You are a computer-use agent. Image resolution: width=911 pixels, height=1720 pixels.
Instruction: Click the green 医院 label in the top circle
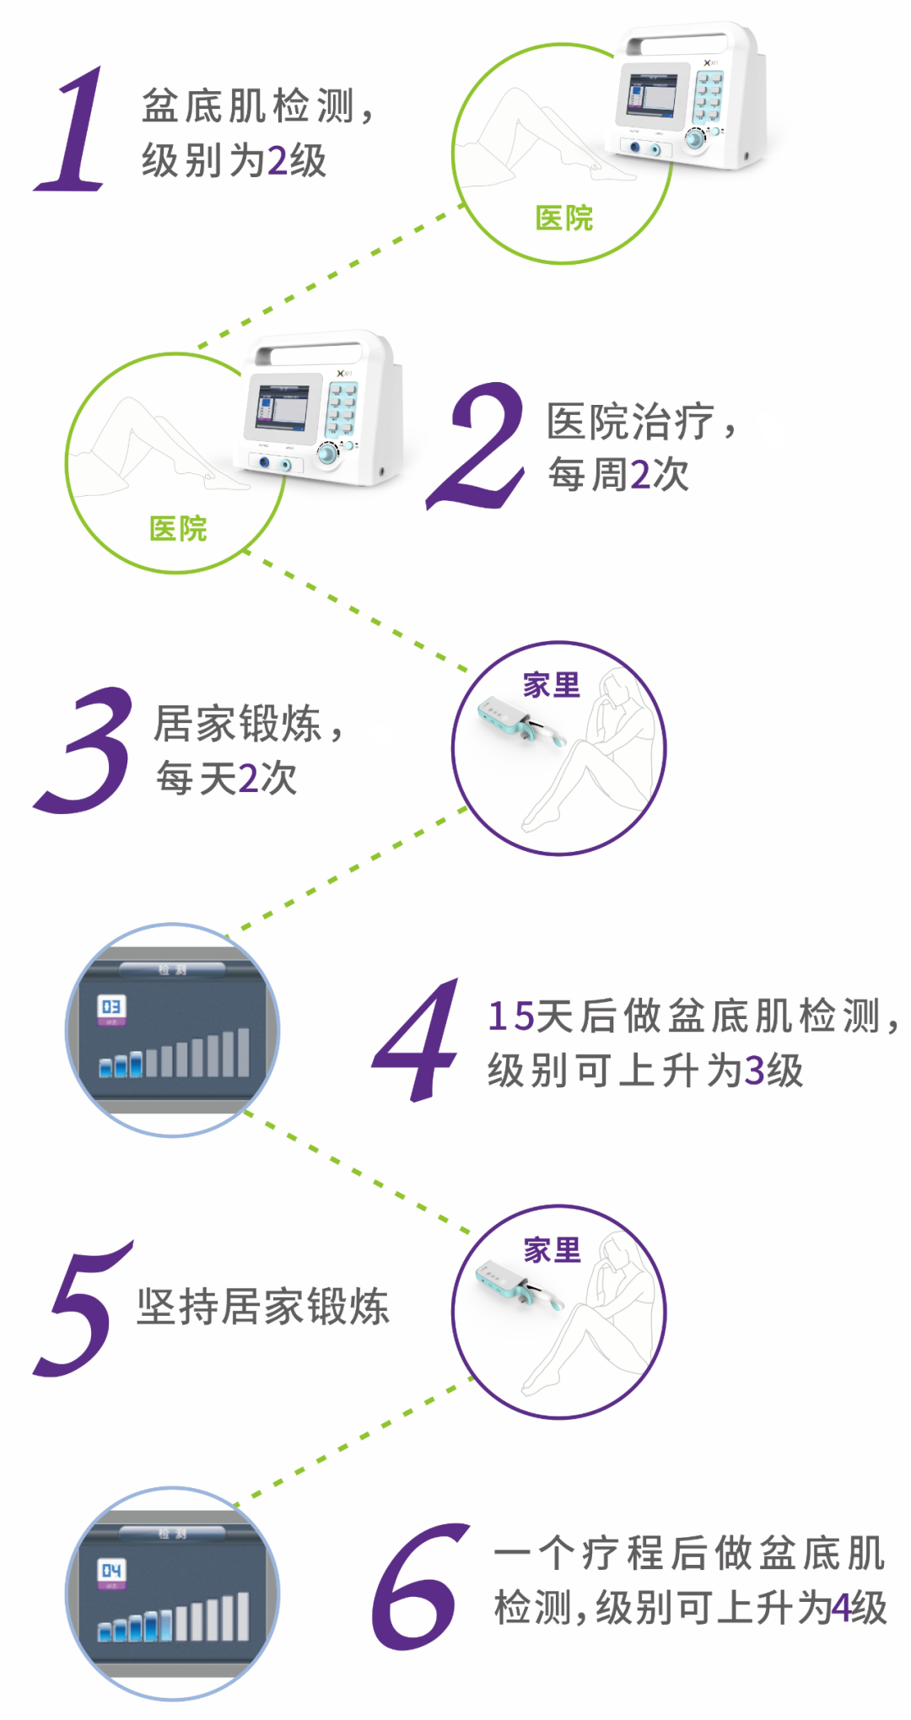pyautogui.click(x=564, y=218)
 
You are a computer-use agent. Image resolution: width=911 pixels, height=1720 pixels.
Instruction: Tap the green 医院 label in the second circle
pyautogui.click(x=178, y=529)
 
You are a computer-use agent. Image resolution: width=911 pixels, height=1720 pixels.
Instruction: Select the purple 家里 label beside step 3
pyautogui.click(x=552, y=685)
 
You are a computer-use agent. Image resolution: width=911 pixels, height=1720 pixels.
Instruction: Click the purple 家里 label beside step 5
pyautogui.click(x=553, y=1250)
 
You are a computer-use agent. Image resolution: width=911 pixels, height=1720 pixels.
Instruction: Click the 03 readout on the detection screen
pyautogui.click(x=111, y=1006)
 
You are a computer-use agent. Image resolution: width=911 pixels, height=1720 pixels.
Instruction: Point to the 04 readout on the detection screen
pyautogui.click(x=111, y=1571)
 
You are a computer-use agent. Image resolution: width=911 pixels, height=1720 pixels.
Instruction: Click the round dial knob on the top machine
pyautogui.click(x=694, y=139)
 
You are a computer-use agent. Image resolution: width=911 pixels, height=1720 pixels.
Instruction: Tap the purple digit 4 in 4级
pyautogui.click(x=841, y=1608)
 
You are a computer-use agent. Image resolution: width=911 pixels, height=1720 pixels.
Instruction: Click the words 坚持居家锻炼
pyautogui.click(x=262, y=1307)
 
